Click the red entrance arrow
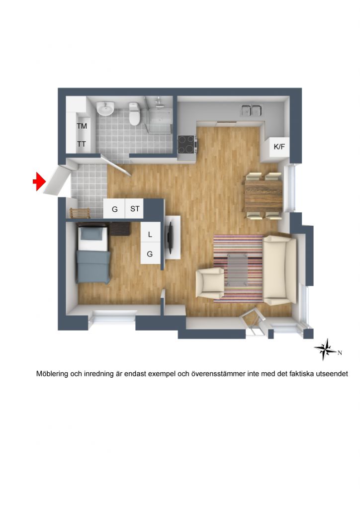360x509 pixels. [x=39, y=181]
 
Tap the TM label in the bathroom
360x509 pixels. [x=82, y=126]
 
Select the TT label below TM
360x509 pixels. [x=82, y=144]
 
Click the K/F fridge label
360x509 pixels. [x=279, y=147]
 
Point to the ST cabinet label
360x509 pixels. [x=135, y=209]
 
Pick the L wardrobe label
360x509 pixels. [x=150, y=235]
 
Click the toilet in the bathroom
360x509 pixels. [x=134, y=114]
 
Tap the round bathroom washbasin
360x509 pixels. [x=105, y=108]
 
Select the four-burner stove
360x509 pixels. [x=186, y=144]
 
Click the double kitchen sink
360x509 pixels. [x=252, y=110]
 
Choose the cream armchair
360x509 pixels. [x=210, y=282]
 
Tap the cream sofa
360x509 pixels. [x=279, y=270]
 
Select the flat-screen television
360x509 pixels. [x=170, y=237]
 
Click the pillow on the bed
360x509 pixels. [x=93, y=233]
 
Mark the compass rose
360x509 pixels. [x=325, y=349]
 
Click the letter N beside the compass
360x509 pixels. [x=340, y=353]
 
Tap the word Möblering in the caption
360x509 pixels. [x=52, y=374]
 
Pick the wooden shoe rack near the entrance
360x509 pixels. [x=80, y=213]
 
